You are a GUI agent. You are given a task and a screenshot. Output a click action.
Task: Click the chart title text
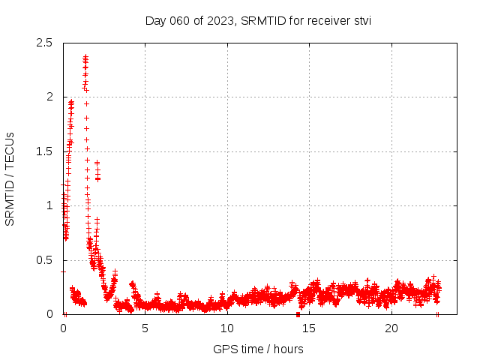pos(258,20)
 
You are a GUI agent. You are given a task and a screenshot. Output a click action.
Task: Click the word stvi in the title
pos(361,20)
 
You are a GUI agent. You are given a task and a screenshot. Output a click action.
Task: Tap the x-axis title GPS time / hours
pos(258,349)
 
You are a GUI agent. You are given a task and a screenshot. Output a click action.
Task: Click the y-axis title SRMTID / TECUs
pos(10,178)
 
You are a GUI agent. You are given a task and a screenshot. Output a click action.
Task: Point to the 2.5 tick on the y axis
pos(45,43)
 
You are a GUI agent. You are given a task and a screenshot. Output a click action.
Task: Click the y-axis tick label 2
pos(49,97)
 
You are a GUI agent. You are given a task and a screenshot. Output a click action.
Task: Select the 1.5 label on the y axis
pos(45,151)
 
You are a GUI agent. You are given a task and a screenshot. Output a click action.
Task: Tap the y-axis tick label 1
pos(49,205)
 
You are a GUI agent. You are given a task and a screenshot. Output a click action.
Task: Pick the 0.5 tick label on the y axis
pos(45,260)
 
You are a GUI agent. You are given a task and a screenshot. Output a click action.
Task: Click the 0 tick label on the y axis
pos(49,314)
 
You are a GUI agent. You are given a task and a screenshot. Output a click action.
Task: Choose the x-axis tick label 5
pos(145,328)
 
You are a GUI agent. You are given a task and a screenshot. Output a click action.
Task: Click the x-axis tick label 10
pos(227,328)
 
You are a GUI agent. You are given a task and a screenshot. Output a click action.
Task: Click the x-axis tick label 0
pos(63,328)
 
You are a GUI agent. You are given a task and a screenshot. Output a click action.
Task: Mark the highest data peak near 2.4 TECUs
pos(85,57)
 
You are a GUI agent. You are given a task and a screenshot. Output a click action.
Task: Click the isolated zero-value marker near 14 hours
pos(298,314)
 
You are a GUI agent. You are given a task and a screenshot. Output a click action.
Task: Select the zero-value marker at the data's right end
pos(437,314)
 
